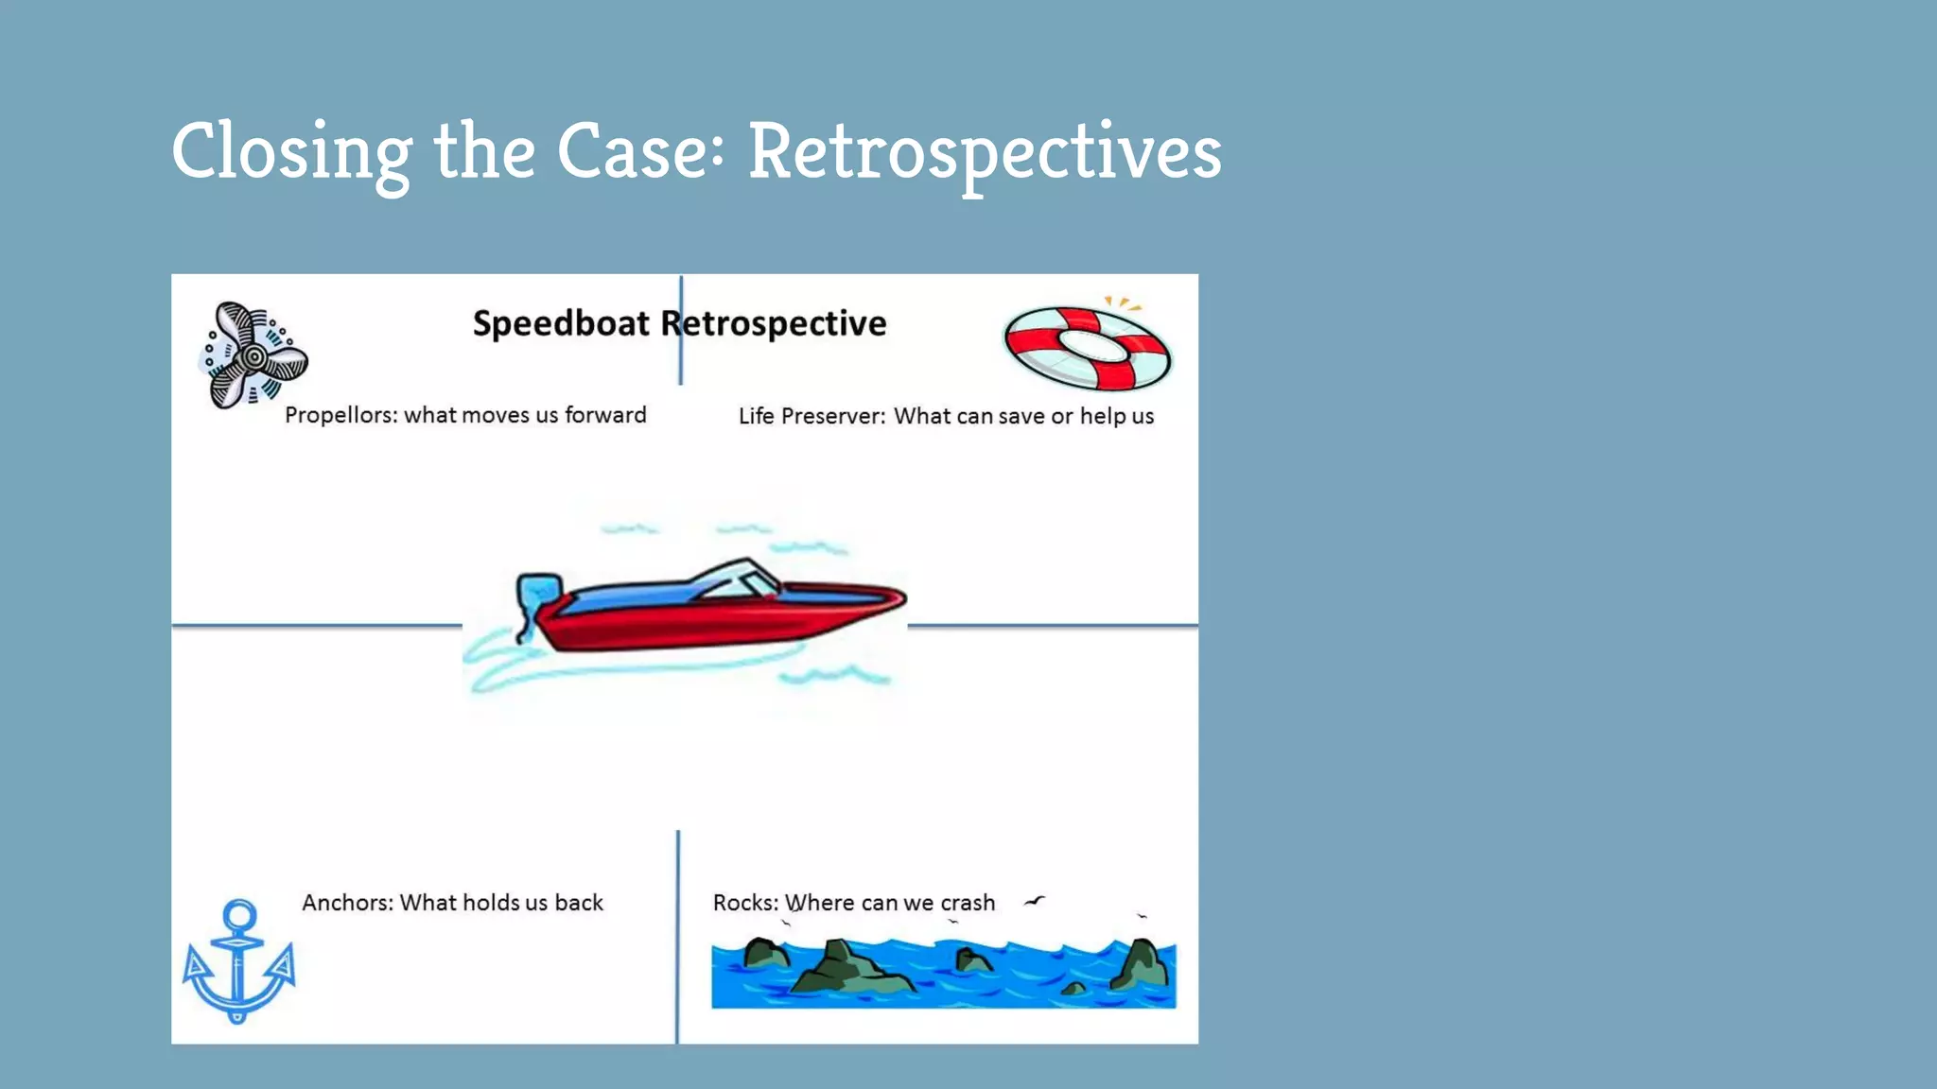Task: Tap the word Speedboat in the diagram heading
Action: [x=561, y=323]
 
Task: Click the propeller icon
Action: [x=253, y=356]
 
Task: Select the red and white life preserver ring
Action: [x=1088, y=349]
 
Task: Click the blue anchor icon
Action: [x=238, y=962]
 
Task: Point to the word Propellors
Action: [x=340, y=415]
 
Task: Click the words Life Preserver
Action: [x=811, y=416]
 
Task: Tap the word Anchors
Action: [x=347, y=903]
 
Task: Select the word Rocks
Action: [x=744, y=903]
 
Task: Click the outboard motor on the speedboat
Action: [x=537, y=601]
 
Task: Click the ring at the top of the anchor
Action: [x=239, y=914]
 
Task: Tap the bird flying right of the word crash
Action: [x=1035, y=901]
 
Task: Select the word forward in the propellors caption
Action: [x=605, y=415]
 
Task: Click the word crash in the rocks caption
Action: [x=968, y=903]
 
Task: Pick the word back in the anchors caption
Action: [x=579, y=903]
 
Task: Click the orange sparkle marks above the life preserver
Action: [x=1123, y=303]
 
